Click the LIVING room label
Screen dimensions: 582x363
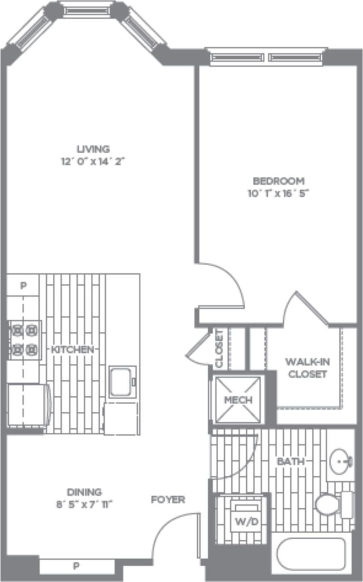tap(93, 149)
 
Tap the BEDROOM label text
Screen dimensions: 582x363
tap(278, 181)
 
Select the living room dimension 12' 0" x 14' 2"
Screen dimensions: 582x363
tap(93, 161)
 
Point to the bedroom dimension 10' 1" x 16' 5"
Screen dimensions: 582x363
tap(278, 193)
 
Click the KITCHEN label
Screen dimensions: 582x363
tap(72, 349)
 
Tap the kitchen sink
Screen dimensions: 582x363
tap(123, 381)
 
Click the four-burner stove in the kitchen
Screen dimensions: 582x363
tap(24, 339)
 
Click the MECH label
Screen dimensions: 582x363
tap(238, 400)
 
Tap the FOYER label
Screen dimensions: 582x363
tap(168, 500)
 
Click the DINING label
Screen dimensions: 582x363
tap(84, 492)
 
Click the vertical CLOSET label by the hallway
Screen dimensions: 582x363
tap(219, 349)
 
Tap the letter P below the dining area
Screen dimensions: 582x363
tap(76, 566)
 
